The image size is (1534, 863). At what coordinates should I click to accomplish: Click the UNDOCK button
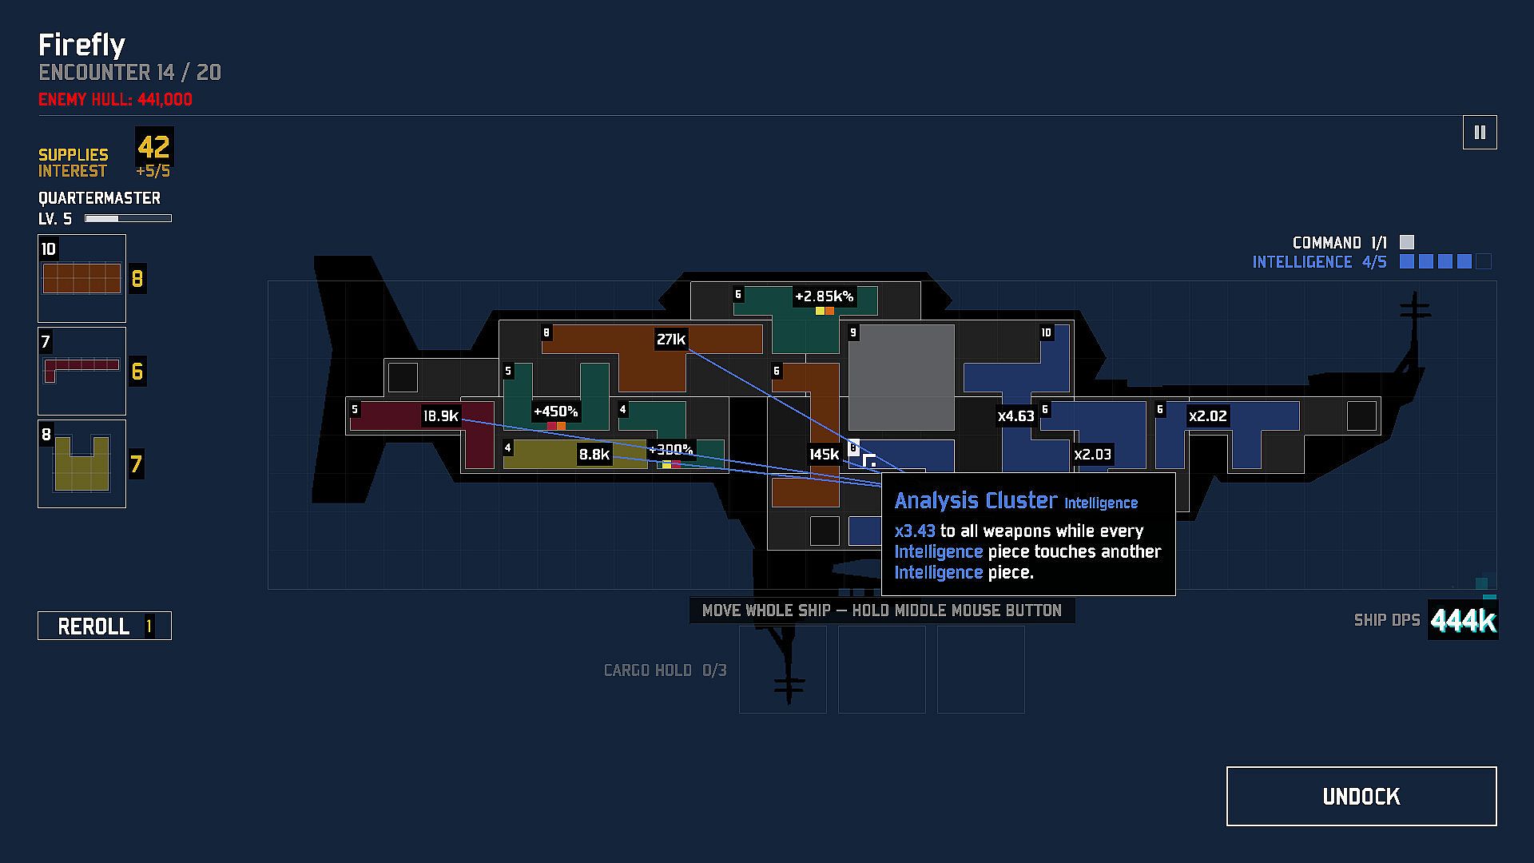[x=1361, y=796]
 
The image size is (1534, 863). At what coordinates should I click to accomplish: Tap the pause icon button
[x=1480, y=133]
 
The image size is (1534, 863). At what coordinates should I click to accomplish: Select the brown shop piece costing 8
[x=81, y=279]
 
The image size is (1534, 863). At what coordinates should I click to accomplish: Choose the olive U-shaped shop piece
[x=81, y=464]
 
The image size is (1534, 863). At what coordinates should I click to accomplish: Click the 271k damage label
[x=671, y=340]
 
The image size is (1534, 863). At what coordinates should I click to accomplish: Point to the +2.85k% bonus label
[x=824, y=296]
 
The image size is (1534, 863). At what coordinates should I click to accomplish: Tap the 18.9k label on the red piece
[x=441, y=416]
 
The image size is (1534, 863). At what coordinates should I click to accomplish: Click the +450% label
[x=555, y=412]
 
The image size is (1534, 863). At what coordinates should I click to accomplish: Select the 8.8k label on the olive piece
[x=594, y=455]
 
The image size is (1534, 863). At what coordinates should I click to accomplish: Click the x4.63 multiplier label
[x=1016, y=416]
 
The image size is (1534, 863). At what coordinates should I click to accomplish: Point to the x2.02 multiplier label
[x=1207, y=416]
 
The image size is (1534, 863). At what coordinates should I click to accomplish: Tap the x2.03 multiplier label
[x=1092, y=455]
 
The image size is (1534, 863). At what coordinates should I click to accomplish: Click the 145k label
[x=824, y=455]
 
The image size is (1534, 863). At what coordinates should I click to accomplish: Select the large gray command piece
[x=901, y=377]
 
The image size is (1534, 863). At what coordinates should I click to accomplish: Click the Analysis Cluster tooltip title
[x=976, y=501]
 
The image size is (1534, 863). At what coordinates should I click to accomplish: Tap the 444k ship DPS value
[x=1463, y=620]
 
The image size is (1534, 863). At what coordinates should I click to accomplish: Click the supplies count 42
[x=153, y=147]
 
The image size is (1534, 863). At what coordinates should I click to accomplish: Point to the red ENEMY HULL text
[x=115, y=100]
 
